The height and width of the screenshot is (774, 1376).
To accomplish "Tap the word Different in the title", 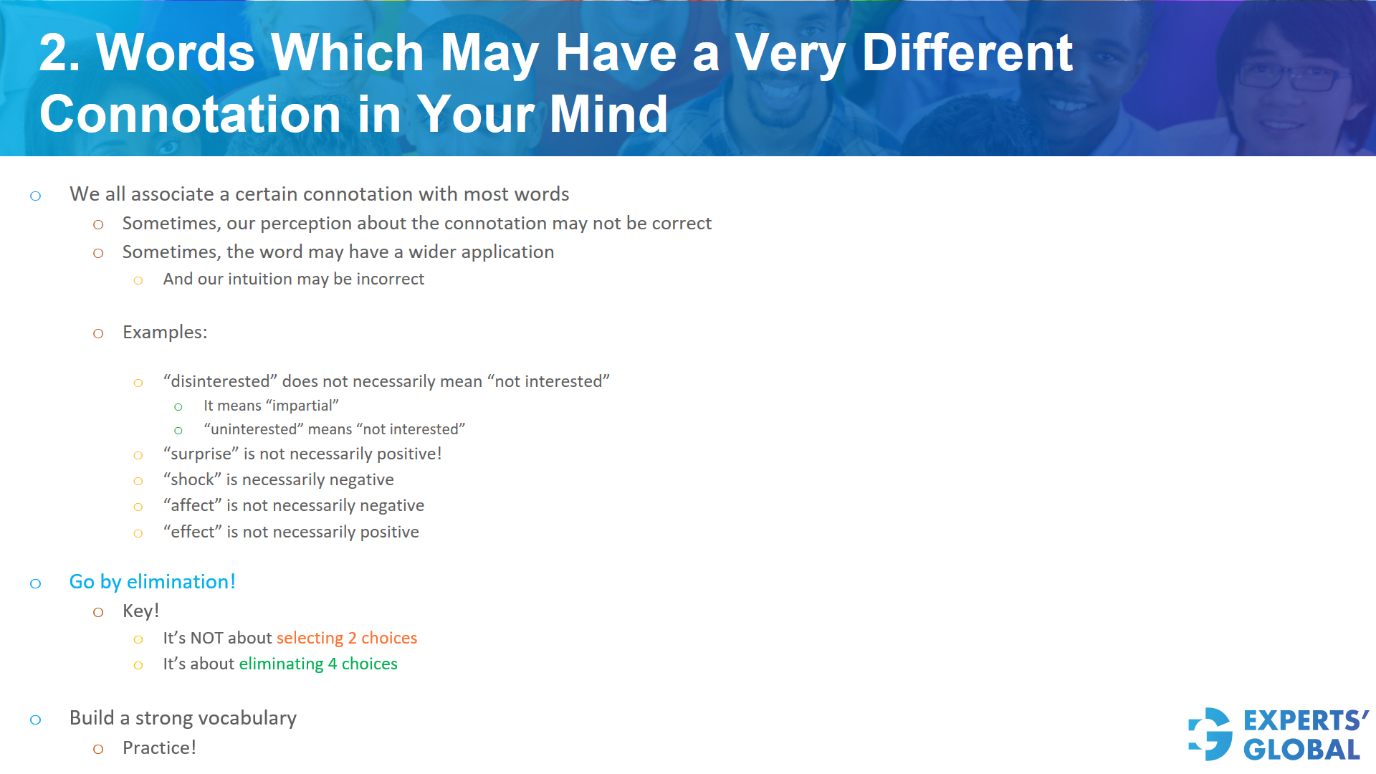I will pyautogui.click(x=967, y=53).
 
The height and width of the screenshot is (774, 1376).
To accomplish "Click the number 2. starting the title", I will pyautogui.click(x=59, y=53).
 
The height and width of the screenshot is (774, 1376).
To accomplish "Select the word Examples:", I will pyautogui.click(x=165, y=333).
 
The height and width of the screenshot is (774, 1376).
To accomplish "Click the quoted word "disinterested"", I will pyautogui.click(x=220, y=381).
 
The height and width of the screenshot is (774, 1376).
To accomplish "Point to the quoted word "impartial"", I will pyautogui.click(x=302, y=406).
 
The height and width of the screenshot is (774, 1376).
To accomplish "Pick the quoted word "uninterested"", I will pyautogui.click(x=253, y=429).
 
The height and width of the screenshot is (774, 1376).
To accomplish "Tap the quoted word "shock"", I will pyautogui.click(x=192, y=480).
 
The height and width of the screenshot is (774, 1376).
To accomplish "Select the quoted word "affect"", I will pyautogui.click(x=192, y=506).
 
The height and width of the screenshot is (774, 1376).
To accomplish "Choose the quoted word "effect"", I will pyautogui.click(x=192, y=532).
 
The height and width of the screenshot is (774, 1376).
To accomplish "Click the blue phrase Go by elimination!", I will pyautogui.click(x=153, y=582).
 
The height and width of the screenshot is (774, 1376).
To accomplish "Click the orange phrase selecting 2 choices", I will pyautogui.click(x=347, y=638).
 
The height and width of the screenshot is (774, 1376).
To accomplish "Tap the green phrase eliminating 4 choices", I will pyautogui.click(x=318, y=664).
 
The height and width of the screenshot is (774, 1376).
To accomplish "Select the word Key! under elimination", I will pyautogui.click(x=141, y=611).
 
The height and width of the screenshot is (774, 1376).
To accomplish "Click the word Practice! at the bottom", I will pyautogui.click(x=159, y=748).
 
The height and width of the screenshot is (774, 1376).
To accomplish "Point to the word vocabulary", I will pyautogui.click(x=247, y=718).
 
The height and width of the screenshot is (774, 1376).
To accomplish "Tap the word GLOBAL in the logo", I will pyautogui.click(x=1301, y=750).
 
